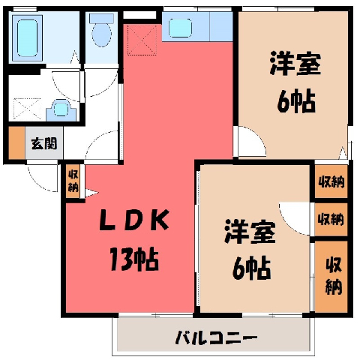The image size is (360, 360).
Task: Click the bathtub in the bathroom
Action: [x=27, y=38]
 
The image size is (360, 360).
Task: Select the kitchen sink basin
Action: [x=180, y=28]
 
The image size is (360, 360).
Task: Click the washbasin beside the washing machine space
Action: [x=61, y=110]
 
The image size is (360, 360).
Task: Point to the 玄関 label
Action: [x=44, y=143]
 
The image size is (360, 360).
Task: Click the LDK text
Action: [x=134, y=220]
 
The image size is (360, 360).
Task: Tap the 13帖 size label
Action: [x=134, y=259]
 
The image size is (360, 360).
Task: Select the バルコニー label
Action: [x=216, y=337]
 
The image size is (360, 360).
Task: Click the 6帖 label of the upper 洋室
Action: [x=296, y=101]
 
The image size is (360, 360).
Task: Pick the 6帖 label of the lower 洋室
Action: [x=251, y=268]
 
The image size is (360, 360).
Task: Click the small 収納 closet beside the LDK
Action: [x=73, y=181]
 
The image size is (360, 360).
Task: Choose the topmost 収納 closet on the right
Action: [x=331, y=181]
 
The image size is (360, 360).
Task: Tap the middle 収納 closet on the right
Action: [x=331, y=219]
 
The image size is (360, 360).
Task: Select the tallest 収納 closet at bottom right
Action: [x=331, y=277]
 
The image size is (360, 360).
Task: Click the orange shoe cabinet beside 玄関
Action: [x=16, y=142]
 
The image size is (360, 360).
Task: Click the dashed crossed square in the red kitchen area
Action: [x=142, y=40]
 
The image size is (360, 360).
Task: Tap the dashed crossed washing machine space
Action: [x=27, y=109]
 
